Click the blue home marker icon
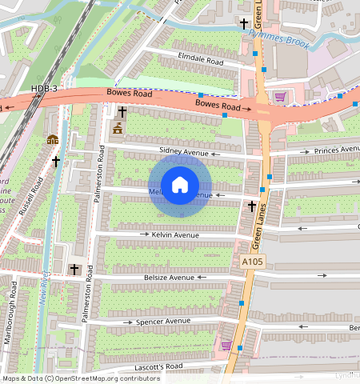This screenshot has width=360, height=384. pos(180,185)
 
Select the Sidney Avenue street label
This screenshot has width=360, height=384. pos(183,150)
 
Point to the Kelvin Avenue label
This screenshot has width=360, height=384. pos(175,235)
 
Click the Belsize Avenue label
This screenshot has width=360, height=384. pos(169,278)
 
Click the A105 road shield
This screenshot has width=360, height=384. pos(250,262)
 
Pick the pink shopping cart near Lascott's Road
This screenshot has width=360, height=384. pos(226,346)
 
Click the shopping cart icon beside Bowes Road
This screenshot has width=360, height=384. pos(280,97)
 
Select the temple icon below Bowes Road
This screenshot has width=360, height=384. pos(118,130)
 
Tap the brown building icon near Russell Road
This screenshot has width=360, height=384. pos(53,139)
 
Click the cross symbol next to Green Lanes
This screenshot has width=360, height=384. pos(251,206)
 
